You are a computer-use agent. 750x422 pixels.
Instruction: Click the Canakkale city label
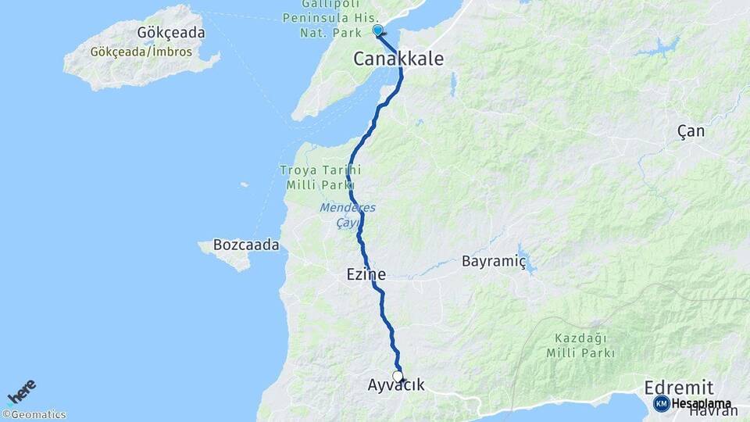coord(398,59)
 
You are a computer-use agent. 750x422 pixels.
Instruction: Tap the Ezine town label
coord(366,274)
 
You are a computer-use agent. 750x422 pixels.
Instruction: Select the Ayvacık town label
coord(397,385)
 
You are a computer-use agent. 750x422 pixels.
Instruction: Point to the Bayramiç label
coord(494,260)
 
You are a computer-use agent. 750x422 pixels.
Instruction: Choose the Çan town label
coord(691,131)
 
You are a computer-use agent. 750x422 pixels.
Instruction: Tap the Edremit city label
coord(678,388)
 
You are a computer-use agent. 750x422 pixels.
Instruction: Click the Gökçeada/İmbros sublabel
coord(141,53)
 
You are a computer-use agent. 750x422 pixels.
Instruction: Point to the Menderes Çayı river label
coord(348,215)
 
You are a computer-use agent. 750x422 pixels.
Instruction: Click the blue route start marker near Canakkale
coord(377,30)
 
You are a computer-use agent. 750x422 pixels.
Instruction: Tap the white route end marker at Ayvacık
coord(398,377)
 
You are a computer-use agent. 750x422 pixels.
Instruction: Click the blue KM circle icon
coord(661,403)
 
